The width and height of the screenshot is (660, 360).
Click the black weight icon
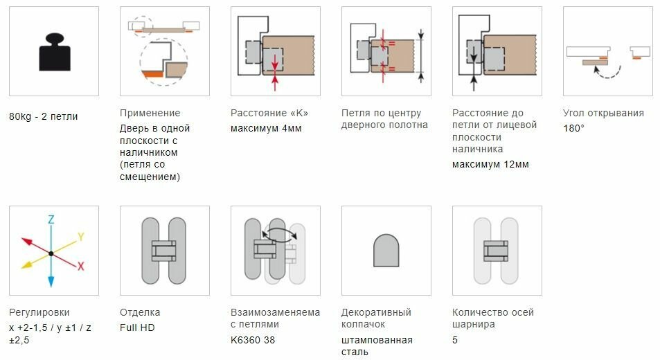click(53, 51)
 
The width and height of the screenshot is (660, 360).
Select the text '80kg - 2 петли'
click(43, 116)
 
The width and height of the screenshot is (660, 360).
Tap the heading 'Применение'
click(150, 113)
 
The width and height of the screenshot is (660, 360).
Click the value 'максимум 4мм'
click(266, 128)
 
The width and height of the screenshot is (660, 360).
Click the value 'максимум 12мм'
click(490, 164)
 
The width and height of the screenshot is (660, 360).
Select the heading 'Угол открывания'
click(603, 113)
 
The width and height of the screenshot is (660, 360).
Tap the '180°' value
click(573, 128)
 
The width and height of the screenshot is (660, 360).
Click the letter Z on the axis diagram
click(51, 219)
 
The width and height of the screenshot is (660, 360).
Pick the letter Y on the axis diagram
click(80, 237)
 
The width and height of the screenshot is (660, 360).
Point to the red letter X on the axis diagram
click(81, 265)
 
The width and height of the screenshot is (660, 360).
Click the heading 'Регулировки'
click(39, 312)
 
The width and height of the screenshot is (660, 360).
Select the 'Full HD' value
click(137, 327)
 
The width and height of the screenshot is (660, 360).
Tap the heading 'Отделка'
click(140, 312)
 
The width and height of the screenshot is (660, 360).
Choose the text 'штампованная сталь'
click(377, 345)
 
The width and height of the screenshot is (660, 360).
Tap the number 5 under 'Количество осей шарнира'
click(455, 340)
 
